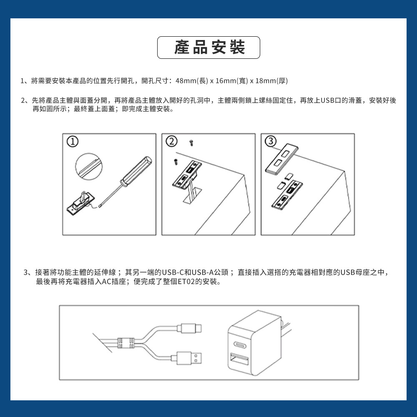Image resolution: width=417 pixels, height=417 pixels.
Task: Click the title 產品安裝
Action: [x=208, y=48]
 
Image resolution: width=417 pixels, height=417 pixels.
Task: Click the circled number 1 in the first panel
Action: [x=72, y=142]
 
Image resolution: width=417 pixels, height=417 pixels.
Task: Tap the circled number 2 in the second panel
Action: [x=171, y=142]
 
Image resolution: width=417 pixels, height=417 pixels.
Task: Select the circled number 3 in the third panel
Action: [x=271, y=142]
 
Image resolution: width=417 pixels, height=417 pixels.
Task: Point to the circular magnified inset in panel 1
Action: [x=89, y=165]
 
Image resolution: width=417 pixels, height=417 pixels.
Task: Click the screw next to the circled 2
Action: [x=191, y=143]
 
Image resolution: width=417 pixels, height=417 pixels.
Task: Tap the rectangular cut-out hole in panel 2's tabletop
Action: [x=192, y=196]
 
